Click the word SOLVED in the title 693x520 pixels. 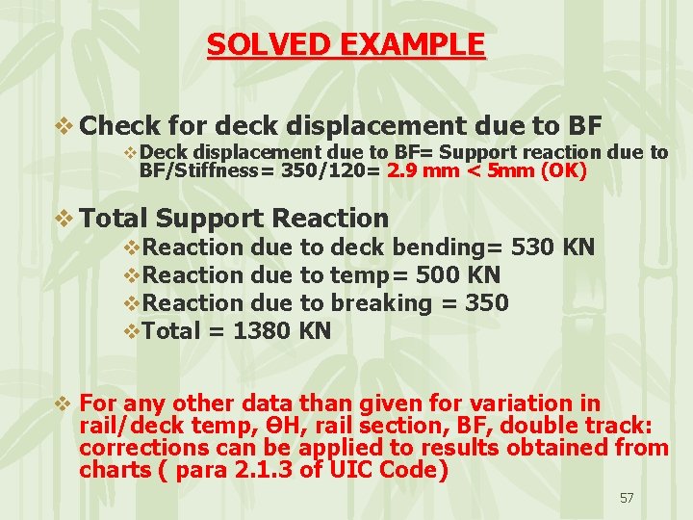click(x=253, y=44)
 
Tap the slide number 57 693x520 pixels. click(x=627, y=498)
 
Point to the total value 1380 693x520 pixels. click(x=262, y=331)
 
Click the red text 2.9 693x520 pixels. click(x=400, y=172)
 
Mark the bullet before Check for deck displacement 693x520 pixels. click(x=65, y=125)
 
